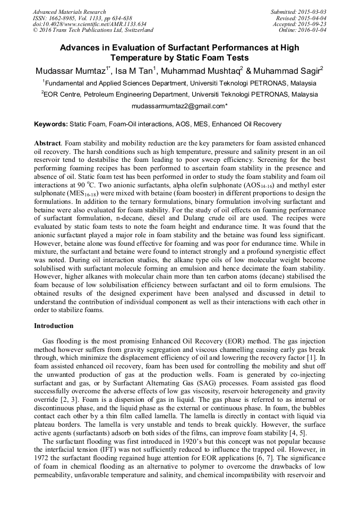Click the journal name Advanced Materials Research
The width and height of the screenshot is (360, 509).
(x=69, y=12)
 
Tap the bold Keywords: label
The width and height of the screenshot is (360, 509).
(x=51, y=124)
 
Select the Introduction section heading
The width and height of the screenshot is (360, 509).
(x=54, y=325)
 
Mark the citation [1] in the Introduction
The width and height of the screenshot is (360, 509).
(x=320, y=359)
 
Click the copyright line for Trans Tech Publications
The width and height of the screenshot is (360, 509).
(x=93, y=30)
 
